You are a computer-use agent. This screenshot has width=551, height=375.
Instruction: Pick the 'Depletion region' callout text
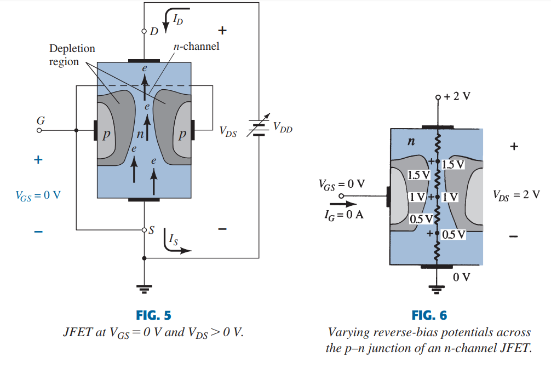point(72,55)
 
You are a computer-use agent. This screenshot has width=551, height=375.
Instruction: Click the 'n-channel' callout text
point(196,47)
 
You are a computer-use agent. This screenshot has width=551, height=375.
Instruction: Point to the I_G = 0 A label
point(344,215)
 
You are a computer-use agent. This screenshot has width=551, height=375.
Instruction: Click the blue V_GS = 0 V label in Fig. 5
point(38,195)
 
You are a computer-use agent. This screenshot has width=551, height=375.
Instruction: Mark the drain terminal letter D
point(154,31)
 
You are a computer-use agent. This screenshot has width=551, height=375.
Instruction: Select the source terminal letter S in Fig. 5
point(152,230)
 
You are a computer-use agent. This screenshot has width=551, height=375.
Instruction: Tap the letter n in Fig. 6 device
point(411,142)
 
